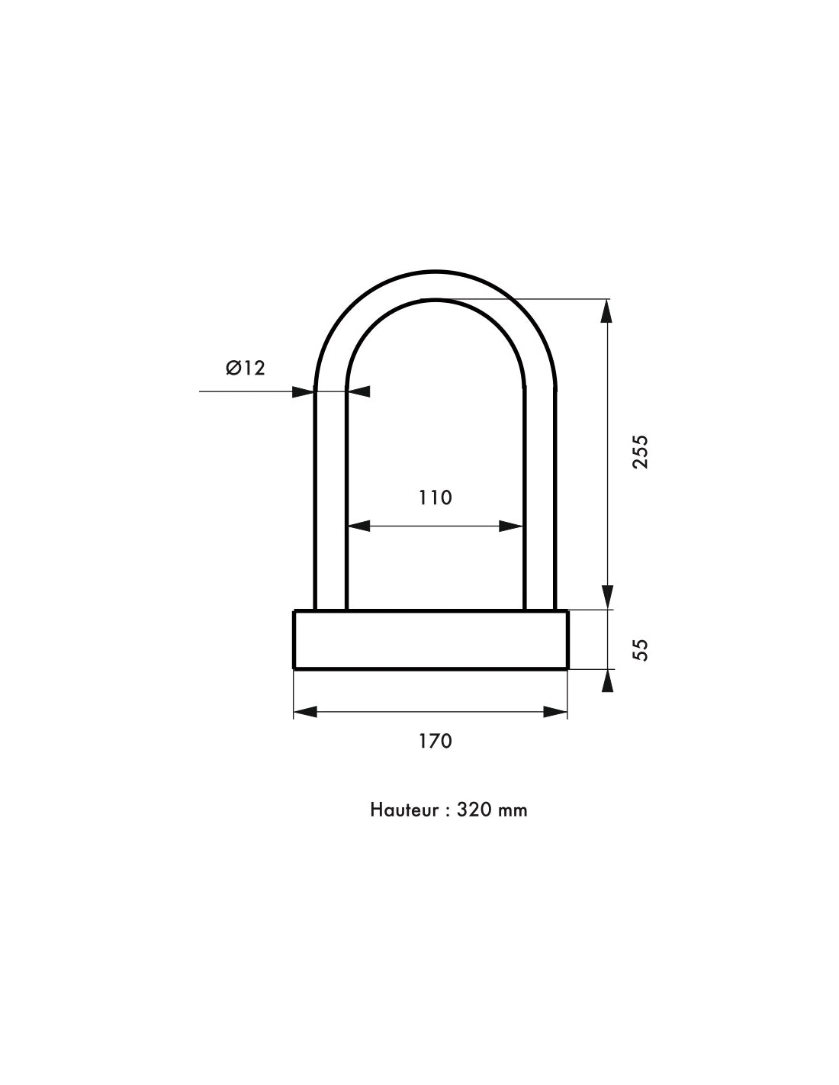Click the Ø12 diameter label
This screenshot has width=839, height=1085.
coord(246,368)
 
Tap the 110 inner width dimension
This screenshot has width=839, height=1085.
coord(435,497)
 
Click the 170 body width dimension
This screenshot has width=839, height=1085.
coord(435,740)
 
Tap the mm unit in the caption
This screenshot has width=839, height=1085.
coord(512,810)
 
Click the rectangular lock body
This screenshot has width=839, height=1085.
coord(430,639)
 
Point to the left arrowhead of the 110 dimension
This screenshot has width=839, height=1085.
coord(358,526)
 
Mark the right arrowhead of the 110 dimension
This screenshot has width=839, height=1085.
coord(512,526)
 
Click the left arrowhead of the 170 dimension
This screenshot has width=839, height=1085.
coord(305,712)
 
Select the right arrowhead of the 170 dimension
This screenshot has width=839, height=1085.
coord(556,712)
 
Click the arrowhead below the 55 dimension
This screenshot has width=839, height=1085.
coord(606,681)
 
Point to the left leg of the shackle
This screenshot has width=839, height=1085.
coord(330,496)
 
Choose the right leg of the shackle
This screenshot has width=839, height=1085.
coord(539,496)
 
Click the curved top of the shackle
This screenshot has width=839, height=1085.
coord(435,285)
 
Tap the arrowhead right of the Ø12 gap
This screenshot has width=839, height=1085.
coord(359,391)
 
